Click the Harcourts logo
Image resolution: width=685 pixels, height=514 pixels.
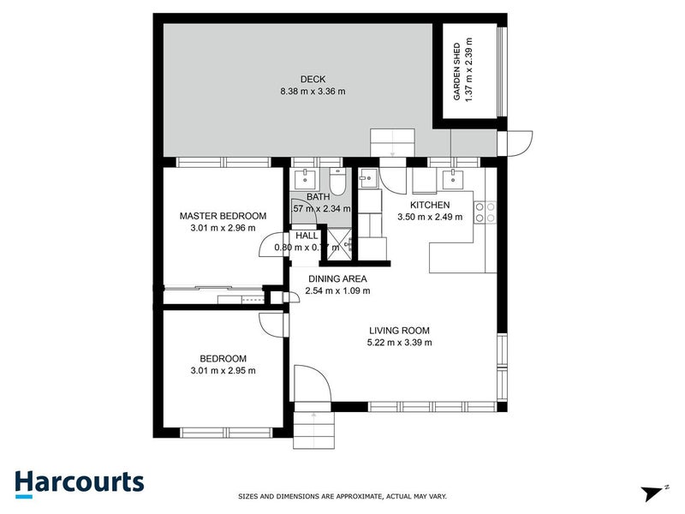(79, 482)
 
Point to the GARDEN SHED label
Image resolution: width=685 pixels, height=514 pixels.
(457, 71)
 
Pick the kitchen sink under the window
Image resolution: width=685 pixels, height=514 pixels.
(452, 179)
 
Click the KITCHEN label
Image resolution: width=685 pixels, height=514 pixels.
(429, 206)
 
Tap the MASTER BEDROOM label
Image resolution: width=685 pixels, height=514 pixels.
(223, 216)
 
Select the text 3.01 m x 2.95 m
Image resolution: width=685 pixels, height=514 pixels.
(223, 371)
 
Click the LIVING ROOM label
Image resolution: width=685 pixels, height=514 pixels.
(399, 331)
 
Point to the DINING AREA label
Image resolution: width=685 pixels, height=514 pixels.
(337, 278)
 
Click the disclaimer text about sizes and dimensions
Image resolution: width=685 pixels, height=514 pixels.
(342, 496)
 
